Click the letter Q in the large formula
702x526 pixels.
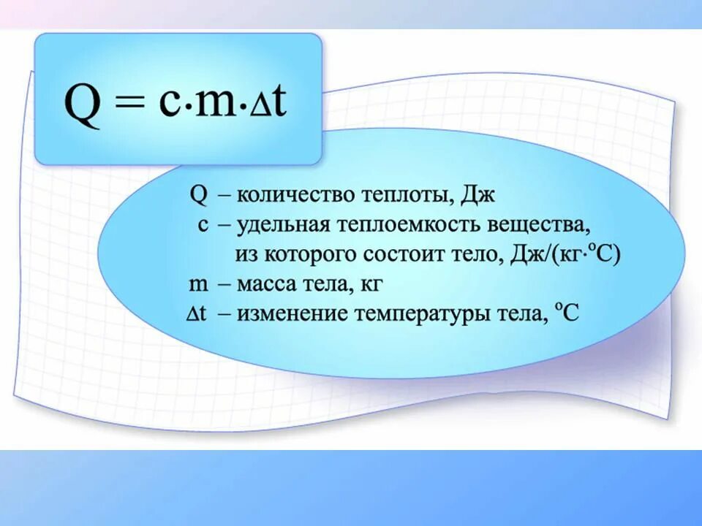pos(82,105)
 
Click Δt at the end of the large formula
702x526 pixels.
pos(268,104)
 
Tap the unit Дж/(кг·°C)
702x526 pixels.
pos(563,255)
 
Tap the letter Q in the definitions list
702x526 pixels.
pos(198,195)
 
